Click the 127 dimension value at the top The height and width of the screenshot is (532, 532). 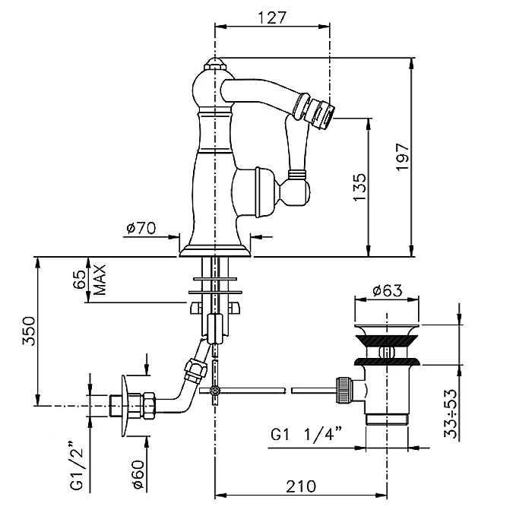[274, 18]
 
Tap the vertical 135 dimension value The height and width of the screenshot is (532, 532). [359, 186]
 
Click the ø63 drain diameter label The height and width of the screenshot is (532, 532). [386, 291]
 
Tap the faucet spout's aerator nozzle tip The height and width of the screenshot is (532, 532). [322, 112]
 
